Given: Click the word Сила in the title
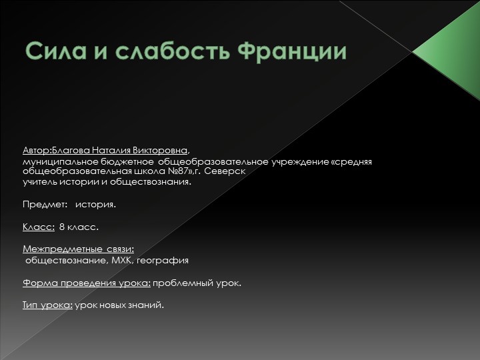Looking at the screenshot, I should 54,51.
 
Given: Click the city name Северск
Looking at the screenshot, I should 225,171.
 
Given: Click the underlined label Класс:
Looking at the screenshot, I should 39,227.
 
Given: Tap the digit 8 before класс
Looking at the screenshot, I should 62,227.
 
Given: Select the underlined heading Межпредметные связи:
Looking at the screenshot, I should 79,249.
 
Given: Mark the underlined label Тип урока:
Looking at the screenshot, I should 47,305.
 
